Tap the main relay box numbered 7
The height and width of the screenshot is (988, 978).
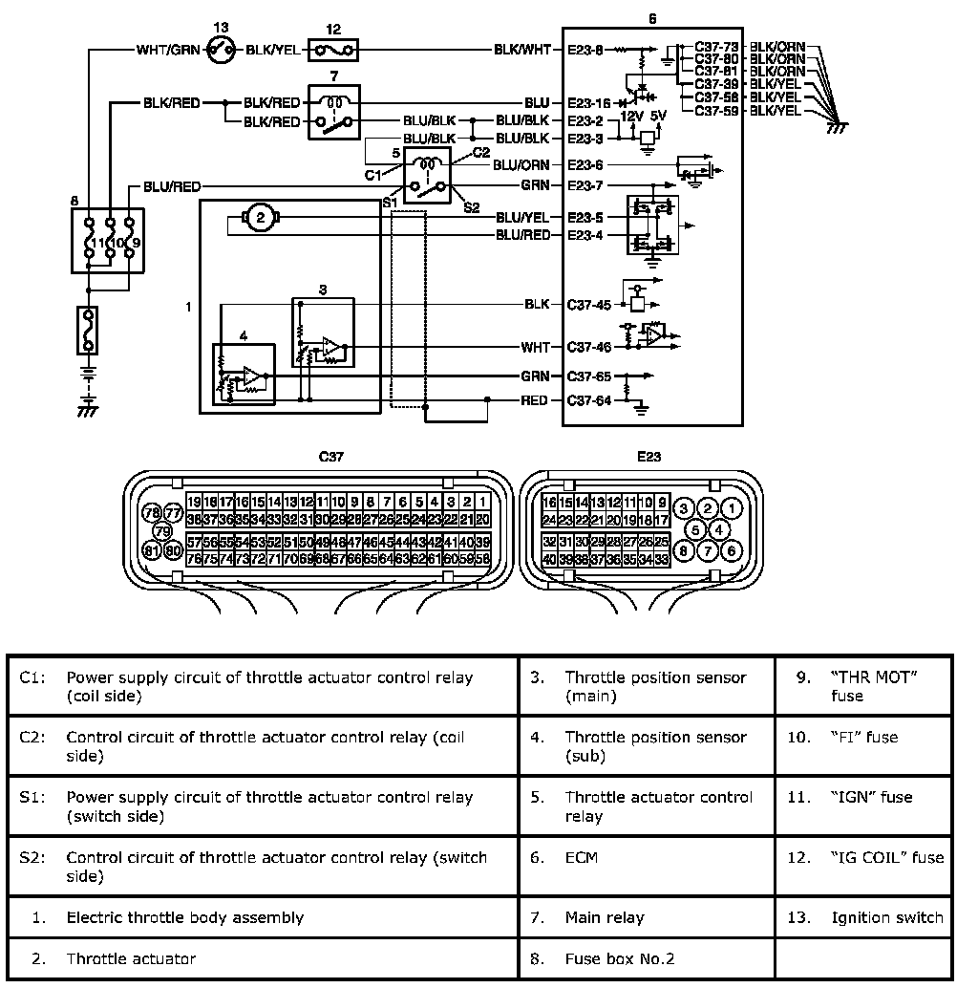click(333, 113)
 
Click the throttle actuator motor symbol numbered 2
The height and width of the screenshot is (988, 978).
click(259, 219)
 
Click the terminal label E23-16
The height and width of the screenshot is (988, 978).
click(587, 102)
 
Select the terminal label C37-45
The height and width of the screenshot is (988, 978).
click(588, 305)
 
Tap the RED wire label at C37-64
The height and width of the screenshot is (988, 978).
click(535, 400)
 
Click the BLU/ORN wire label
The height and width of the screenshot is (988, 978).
click(521, 164)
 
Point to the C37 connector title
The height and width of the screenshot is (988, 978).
click(330, 457)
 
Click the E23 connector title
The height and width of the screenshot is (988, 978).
click(648, 457)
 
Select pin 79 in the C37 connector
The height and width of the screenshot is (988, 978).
click(161, 531)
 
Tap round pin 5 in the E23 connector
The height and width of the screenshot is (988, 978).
click(696, 528)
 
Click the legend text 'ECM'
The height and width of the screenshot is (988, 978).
click(582, 857)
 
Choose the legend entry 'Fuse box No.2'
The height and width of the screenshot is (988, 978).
click(620, 958)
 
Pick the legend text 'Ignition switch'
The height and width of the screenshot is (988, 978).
click(887, 917)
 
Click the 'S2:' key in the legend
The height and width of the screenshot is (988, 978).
click(30, 857)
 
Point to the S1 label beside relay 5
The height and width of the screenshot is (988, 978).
click(389, 203)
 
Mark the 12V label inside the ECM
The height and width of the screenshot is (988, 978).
click(632, 116)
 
